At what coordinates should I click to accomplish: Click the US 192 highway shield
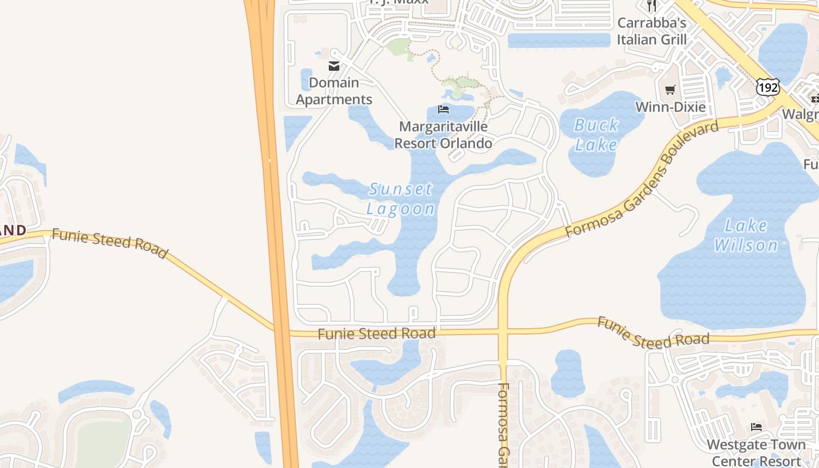pos(768,87)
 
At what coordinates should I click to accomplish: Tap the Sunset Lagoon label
pos(401,199)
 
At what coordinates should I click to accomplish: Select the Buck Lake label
pos(596,135)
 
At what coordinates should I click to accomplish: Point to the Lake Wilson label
pos(746,235)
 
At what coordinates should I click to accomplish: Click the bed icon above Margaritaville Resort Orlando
pos(443,109)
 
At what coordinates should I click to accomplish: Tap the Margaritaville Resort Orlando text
pos(443,135)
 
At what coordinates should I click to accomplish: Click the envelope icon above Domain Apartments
pos(334,66)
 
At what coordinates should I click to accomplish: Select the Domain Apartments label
pos(334,91)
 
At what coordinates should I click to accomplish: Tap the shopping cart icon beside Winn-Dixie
pos(670,90)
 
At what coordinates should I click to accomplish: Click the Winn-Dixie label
pos(670,107)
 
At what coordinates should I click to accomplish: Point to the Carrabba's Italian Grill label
pos(652,31)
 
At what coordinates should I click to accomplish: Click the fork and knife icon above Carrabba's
pos(652,6)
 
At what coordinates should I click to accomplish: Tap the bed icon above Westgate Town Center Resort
pos(756,427)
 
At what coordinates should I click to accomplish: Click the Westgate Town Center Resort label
pos(756,452)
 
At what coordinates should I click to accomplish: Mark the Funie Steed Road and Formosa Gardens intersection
pos(503,332)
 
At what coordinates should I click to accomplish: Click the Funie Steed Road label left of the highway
pos(110,242)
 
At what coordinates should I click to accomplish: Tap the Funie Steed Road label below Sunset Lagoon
pos(377,334)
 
